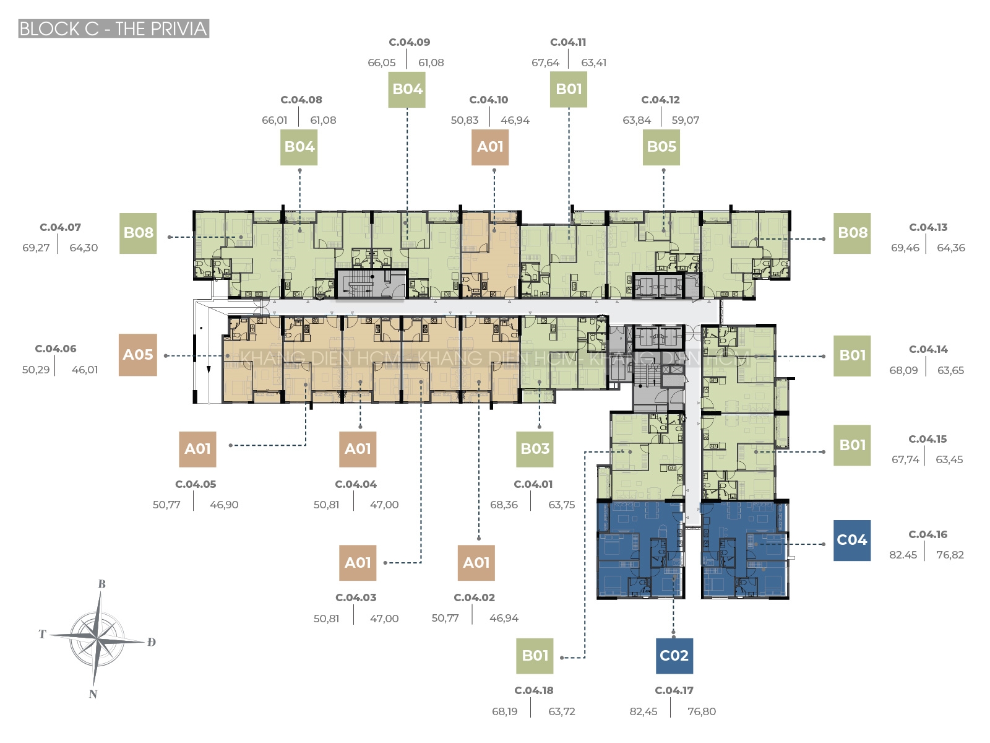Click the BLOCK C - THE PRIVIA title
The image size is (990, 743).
114,28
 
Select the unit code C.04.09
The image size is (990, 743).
409,42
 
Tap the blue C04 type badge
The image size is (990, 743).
851,540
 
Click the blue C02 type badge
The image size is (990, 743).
674,656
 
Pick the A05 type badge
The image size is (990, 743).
137,355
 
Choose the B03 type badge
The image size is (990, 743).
535,449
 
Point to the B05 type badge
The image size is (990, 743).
661,147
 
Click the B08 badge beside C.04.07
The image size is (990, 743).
138,233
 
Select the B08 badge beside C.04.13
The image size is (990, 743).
851,233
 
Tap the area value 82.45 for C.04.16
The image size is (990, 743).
903,555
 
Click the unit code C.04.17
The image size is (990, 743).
674,690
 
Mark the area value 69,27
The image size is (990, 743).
36,248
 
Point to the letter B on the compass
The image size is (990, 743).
101,584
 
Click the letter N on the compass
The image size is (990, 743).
93,694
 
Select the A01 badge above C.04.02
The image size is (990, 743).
476,563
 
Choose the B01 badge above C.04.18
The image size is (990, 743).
535,656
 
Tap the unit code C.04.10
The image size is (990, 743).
488,100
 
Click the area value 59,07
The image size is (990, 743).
685,120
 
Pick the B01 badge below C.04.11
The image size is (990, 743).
568,89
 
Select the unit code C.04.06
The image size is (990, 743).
56,349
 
